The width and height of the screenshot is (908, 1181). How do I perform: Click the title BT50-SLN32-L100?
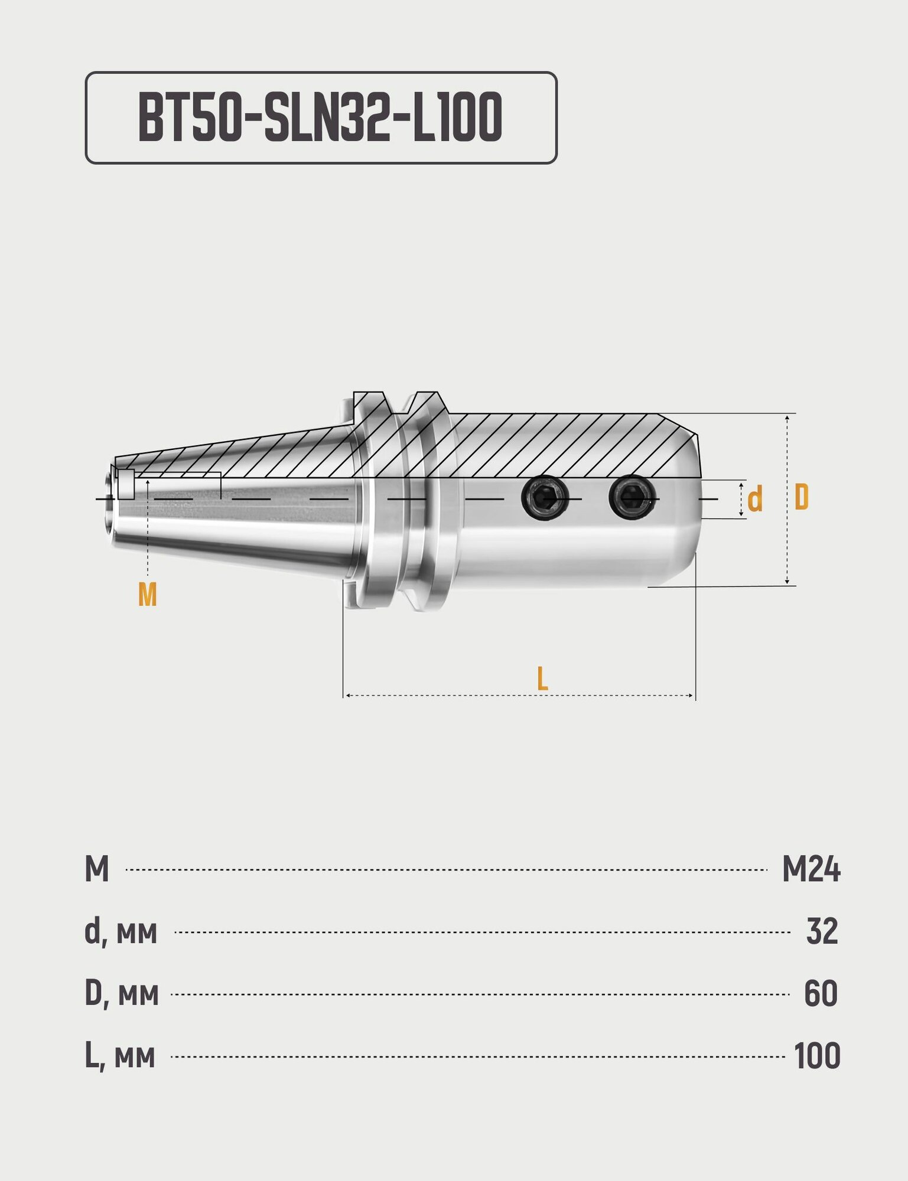320,118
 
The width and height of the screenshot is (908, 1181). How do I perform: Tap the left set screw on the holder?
545,498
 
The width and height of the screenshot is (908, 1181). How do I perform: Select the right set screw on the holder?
632,497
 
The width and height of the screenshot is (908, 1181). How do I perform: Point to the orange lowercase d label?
754,500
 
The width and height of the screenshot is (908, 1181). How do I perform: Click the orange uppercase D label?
801,497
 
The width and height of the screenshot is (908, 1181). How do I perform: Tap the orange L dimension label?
542,678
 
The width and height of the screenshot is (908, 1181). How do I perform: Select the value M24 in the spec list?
811,869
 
